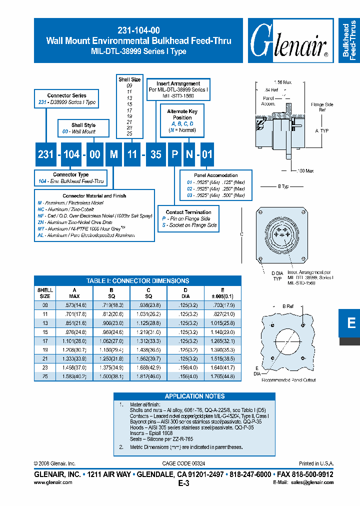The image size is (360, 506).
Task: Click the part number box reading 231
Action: coord(45,154)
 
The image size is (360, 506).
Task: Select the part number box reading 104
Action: coord(71,154)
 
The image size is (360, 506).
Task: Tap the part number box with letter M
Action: coord(114,154)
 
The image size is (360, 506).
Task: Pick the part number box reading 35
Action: coord(156,154)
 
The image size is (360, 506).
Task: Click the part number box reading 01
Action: coord(206,154)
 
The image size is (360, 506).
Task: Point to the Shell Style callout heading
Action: coord(83,125)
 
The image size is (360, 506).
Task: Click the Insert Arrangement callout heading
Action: coord(178,84)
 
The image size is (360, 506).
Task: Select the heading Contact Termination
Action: coord(188,212)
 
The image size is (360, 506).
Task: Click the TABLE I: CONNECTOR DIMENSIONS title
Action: coord(137,281)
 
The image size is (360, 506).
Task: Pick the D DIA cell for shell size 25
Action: coord(185,376)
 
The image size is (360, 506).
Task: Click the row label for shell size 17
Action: coord(45,340)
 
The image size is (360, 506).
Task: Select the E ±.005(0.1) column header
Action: coord(222,293)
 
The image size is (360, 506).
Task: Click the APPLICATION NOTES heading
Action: coord(194,396)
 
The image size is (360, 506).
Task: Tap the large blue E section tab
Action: coord(351,323)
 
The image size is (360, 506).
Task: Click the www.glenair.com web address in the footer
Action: coord(53,482)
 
